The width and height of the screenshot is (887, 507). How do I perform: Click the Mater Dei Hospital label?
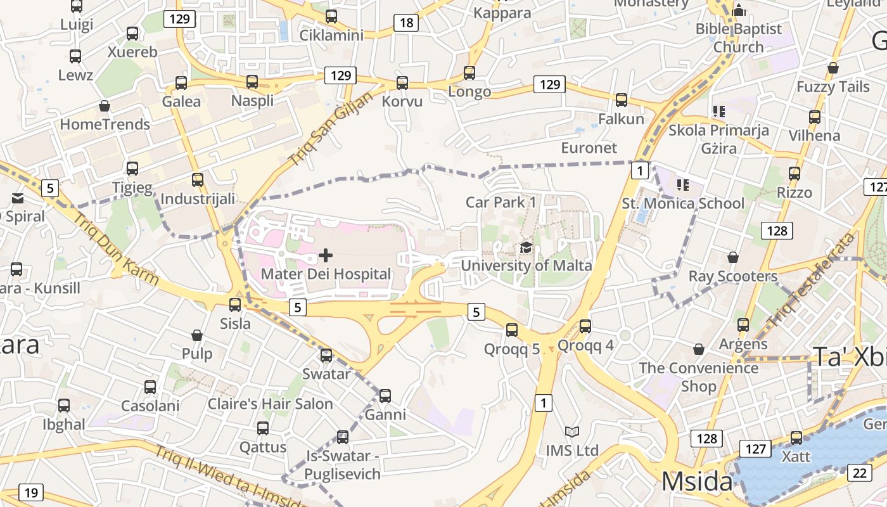tap(326, 274)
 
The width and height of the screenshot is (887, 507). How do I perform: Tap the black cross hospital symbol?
tap(326, 255)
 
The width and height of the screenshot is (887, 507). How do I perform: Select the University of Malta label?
tap(526, 266)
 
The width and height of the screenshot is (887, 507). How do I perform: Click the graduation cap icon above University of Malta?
tap(526, 247)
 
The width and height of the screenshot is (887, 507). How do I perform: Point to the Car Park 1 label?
tap(501, 202)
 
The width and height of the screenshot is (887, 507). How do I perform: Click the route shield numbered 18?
tap(406, 23)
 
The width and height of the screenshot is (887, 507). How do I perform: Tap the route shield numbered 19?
tap(31, 492)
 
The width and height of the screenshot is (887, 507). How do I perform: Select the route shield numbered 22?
tap(860, 473)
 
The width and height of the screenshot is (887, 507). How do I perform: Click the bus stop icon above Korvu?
tap(402, 83)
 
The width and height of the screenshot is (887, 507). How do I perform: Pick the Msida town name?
tap(697, 482)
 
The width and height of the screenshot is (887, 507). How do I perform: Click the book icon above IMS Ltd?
tap(572, 432)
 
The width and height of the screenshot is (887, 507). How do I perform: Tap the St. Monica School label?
tap(683, 203)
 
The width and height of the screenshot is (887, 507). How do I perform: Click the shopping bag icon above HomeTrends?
tap(105, 106)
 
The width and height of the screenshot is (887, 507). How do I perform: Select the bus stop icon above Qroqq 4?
tap(585, 326)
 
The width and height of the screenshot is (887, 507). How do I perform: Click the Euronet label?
tap(589, 148)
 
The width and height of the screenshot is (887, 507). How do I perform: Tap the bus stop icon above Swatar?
tap(326, 356)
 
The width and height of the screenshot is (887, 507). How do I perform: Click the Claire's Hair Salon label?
tap(270, 404)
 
